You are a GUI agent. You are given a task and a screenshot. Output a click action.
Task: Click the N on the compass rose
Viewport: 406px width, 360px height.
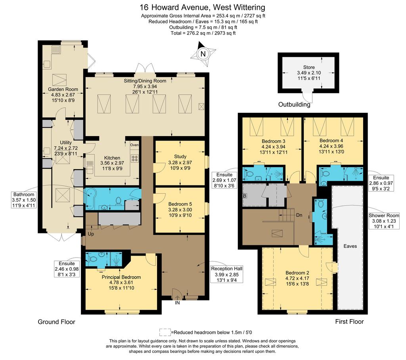coord(203,54)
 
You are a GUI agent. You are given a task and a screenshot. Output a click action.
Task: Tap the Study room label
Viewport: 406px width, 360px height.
coord(180,156)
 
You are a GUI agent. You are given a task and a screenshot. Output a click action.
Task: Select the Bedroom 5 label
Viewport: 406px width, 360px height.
coord(180,204)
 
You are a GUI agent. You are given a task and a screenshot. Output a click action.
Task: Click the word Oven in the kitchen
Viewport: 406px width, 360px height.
coord(134,145)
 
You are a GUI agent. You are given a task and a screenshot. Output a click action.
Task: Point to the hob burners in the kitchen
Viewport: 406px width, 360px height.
coord(135,158)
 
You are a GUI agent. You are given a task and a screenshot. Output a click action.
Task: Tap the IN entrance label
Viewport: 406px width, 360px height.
coord(177,303)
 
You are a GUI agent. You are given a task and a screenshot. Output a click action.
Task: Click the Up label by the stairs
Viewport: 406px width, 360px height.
coord(91,234)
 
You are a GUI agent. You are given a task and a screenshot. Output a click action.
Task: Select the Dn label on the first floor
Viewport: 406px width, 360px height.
coord(299,215)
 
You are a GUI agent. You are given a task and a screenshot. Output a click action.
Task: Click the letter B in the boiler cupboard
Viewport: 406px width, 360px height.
coord(245,196)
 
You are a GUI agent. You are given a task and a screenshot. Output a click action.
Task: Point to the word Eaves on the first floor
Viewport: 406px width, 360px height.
coord(350,246)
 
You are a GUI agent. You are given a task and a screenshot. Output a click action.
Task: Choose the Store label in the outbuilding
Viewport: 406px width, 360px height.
coord(309,67)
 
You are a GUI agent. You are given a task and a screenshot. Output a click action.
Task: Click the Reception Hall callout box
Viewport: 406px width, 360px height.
coord(226,275)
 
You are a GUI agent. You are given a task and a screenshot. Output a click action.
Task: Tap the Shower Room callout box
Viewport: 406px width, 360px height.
coord(384,221)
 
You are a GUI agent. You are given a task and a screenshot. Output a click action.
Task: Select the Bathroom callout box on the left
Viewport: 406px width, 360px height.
coord(24,200)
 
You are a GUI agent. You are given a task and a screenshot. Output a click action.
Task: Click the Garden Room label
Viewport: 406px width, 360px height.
coord(63,89)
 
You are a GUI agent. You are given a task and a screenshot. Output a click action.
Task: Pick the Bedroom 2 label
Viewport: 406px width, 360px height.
coord(297,273)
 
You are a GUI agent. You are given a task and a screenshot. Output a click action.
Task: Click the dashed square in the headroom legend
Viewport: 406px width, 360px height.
coord(165,332)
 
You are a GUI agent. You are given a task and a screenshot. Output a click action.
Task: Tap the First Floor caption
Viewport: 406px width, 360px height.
coord(349,321)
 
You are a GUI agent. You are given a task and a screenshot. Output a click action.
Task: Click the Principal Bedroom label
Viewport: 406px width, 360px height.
coord(121,277)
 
